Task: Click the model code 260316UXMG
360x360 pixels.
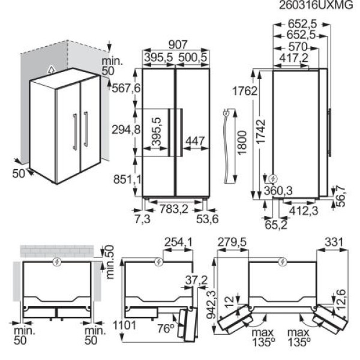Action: pyautogui.click(x=316, y=5)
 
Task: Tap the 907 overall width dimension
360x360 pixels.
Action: pyautogui.click(x=178, y=45)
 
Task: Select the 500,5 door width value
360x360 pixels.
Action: pyautogui.click(x=193, y=58)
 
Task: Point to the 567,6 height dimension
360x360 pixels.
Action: pyautogui.click(x=126, y=88)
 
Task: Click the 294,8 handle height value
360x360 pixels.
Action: pyautogui.click(x=126, y=130)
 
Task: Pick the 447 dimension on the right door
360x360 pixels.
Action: pyautogui.click(x=195, y=141)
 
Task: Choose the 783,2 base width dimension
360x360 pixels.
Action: pyautogui.click(x=174, y=209)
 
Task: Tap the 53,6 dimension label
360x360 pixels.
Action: pyautogui.click(x=208, y=219)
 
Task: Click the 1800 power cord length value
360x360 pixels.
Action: pyautogui.click(x=242, y=143)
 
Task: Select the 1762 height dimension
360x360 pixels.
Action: pyautogui.click(x=245, y=91)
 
